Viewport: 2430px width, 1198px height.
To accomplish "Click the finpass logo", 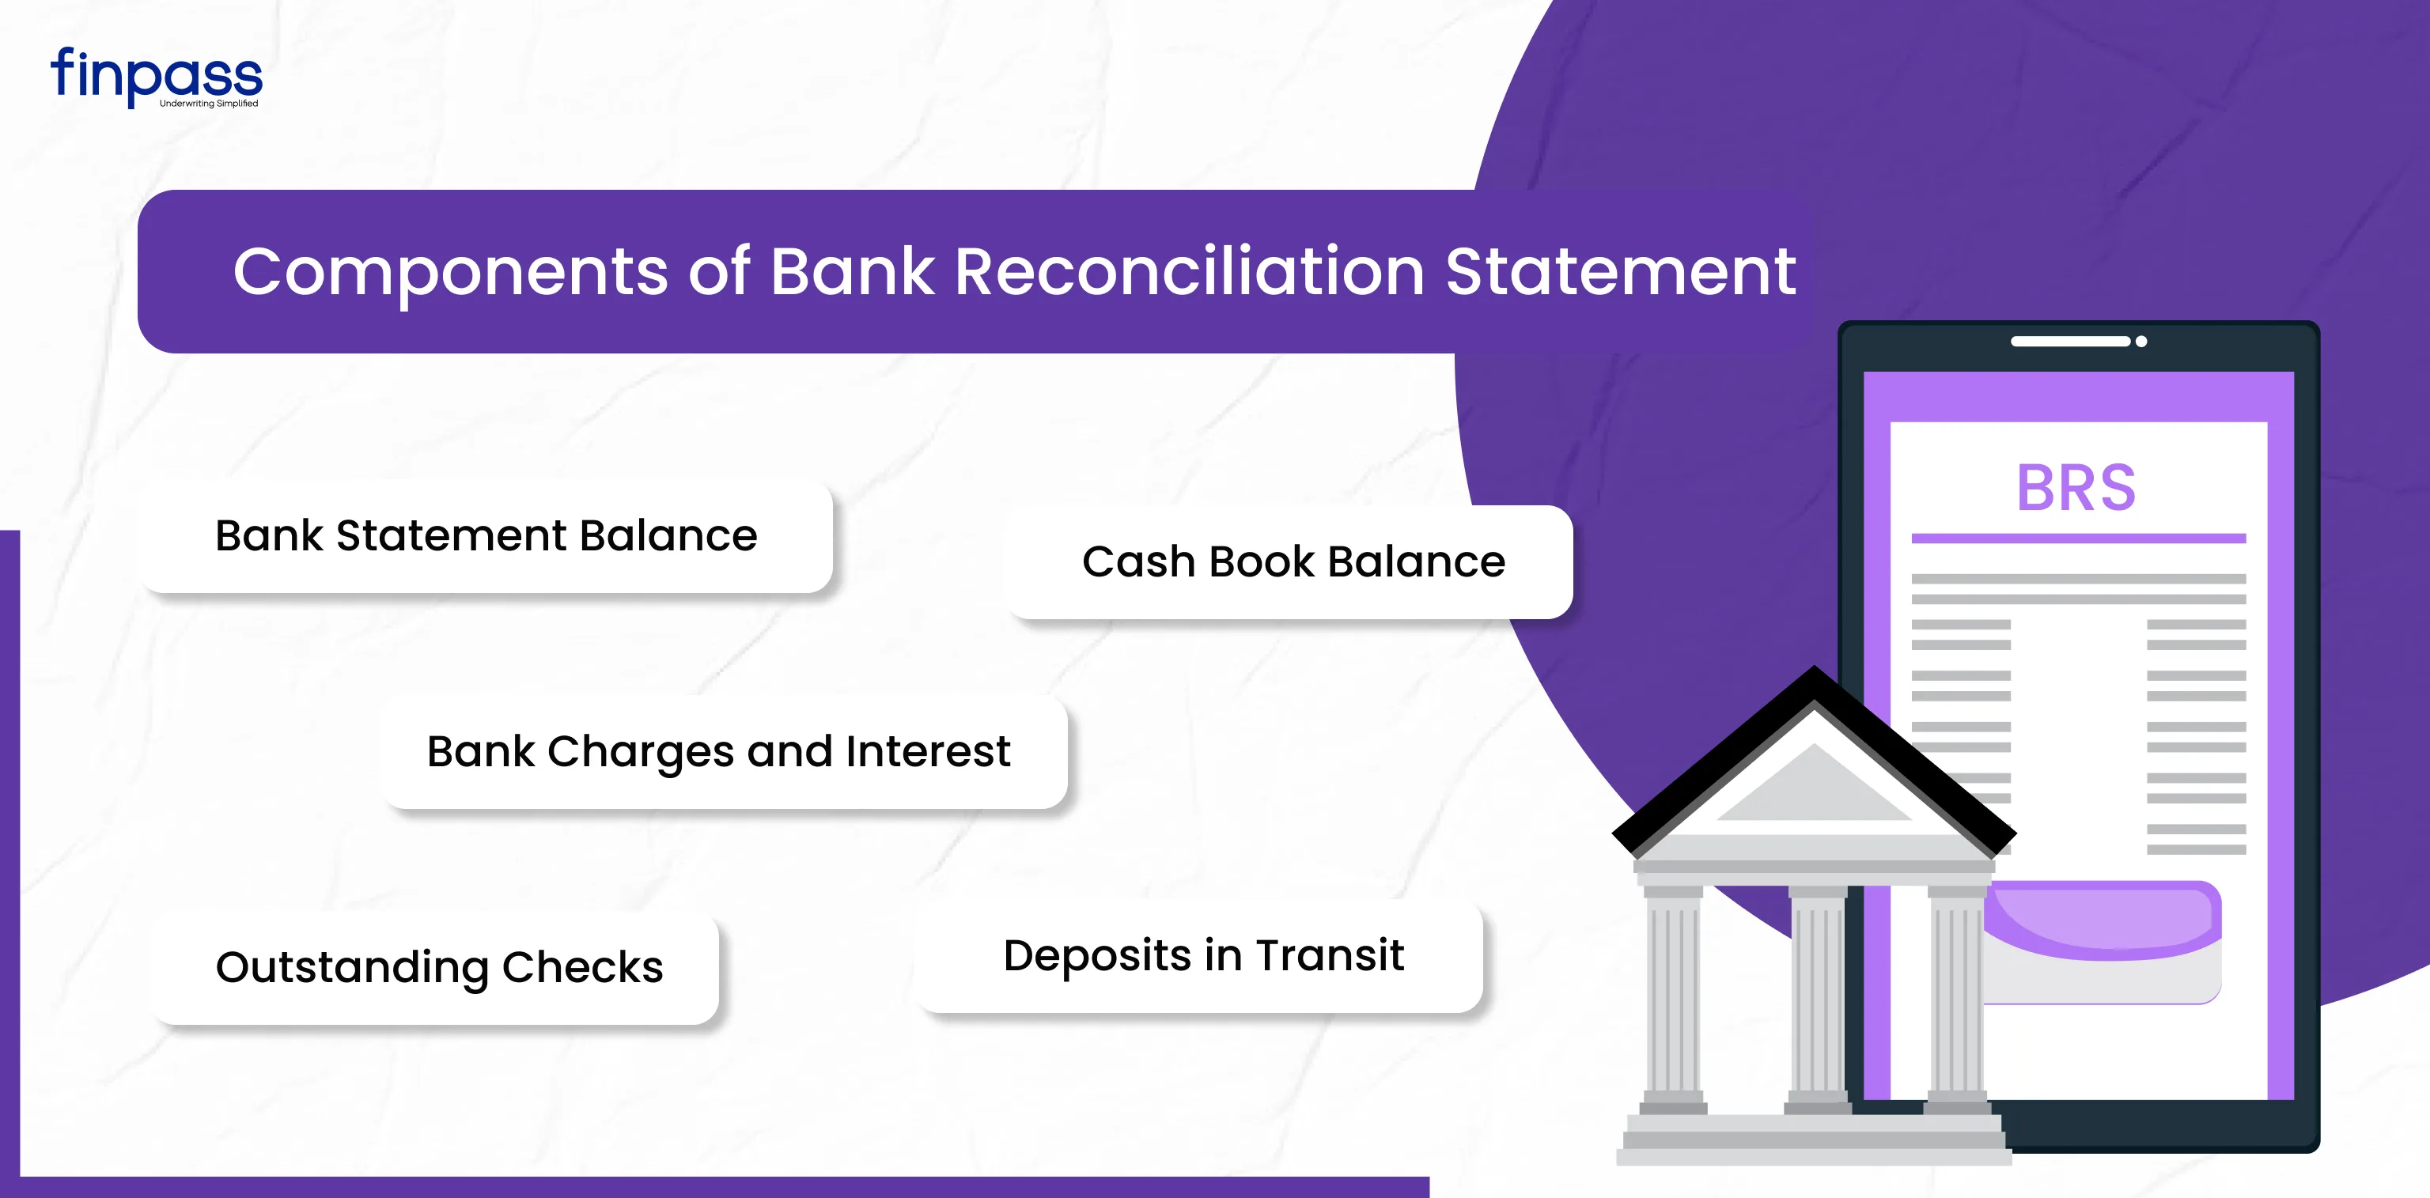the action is [x=157, y=77].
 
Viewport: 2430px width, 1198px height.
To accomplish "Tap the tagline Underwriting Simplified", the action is [x=209, y=104].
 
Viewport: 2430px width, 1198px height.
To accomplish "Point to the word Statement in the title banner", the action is [x=1621, y=272].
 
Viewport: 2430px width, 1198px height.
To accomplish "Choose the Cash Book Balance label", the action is [x=1293, y=562].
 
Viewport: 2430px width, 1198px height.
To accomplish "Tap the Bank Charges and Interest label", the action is [x=718, y=753].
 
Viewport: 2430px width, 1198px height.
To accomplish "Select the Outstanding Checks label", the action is [x=440, y=968].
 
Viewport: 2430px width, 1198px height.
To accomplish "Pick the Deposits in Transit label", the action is [x=1204, y=954].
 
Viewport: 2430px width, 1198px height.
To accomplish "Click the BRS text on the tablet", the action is [x=2076, y=489].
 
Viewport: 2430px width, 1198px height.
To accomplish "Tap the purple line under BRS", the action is [x=2078, y=539].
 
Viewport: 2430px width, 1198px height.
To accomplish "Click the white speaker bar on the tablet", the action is [x=2069, y=342].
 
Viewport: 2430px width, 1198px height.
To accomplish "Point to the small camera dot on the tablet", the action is [x=2141, y=342].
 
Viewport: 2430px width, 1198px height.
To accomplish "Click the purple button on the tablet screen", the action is [x=2103, y=920].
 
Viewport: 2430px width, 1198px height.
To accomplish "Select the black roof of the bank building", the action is [x=1813, y=754].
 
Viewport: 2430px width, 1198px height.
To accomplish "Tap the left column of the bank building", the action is [x=1674, y=998].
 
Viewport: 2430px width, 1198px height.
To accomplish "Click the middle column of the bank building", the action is [x=1818, y=998].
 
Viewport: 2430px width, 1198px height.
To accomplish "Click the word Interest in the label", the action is [x=927, y=752].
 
